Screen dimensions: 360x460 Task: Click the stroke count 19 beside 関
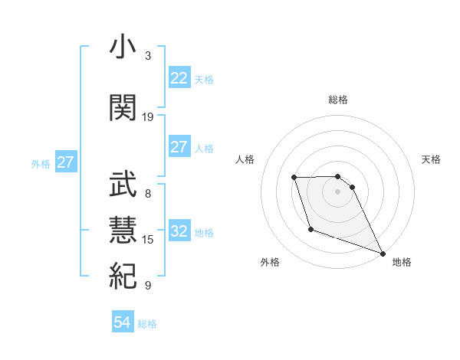(x=148, y=116)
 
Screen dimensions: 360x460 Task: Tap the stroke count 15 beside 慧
(x=148, y=240)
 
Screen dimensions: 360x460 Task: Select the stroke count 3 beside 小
(x=148, y=56)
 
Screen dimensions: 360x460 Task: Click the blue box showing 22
(x=179, y=78)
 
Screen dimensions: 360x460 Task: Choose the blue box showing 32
(x=179, y=232)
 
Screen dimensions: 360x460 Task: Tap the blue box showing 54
(x=122, y=323)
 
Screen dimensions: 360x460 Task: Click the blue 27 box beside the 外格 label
(x=65, y=162)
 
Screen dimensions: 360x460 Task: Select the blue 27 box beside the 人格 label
(x=179, y=147)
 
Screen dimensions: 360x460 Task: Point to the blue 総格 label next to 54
(x=147, y=324)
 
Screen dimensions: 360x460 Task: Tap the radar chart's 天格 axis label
(x=431, y=159)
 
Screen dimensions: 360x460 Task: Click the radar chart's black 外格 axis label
(x=270, y=262)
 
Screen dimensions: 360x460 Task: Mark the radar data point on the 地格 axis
(x=383, y=254)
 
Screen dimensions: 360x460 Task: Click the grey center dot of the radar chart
(x=337, y=191)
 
